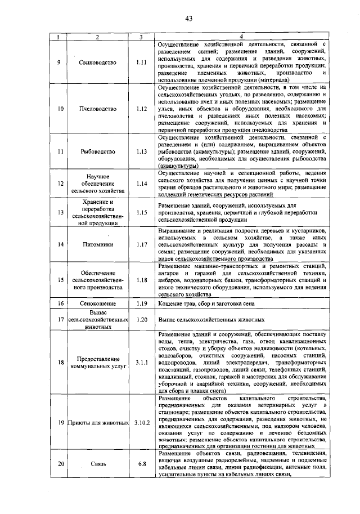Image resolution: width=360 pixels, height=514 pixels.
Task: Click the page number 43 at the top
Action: [x=189, y=19]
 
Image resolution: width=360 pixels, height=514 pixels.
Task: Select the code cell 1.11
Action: [x=141, y=62]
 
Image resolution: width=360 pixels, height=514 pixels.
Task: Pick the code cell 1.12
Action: [x=141, y=108]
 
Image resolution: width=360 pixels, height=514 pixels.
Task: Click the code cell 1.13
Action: [x=141, y=151]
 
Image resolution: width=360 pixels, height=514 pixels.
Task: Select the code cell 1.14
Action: [x=141, y=183]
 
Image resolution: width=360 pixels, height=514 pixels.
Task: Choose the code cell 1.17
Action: [x=141, y=244]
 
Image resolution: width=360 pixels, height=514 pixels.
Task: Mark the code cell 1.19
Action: [x=141, y=303]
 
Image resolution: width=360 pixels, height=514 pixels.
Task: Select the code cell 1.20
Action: [x=141, y=319]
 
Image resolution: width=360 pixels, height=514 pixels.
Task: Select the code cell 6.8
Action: [x=141, y=464]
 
